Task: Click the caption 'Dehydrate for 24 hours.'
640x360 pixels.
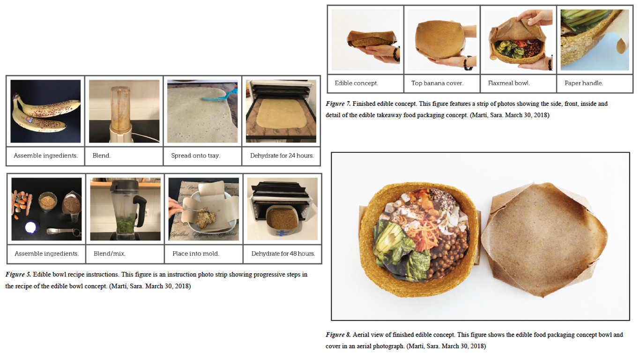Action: click(282, 156)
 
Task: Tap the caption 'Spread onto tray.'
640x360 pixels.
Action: click(195, 156)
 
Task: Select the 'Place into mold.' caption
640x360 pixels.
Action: click(196, 254)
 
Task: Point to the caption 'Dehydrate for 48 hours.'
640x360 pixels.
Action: click(283, 254)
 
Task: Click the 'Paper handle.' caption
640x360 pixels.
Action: click(584, 83)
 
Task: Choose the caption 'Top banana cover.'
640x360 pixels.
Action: click(437, 83)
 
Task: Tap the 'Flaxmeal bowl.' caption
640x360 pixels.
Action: click(508, 83)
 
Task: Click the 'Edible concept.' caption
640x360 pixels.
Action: click(356, 83)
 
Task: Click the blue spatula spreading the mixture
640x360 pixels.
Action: click(220, 95)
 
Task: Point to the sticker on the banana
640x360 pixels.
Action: click(30, 119)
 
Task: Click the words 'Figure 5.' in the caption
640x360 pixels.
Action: click(18, 275)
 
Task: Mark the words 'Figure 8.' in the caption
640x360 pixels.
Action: click(338, 335)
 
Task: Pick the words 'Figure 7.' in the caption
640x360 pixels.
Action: click(338, 104)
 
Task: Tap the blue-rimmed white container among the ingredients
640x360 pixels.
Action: click(32, 228)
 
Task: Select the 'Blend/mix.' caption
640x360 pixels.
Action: click(110, 254)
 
